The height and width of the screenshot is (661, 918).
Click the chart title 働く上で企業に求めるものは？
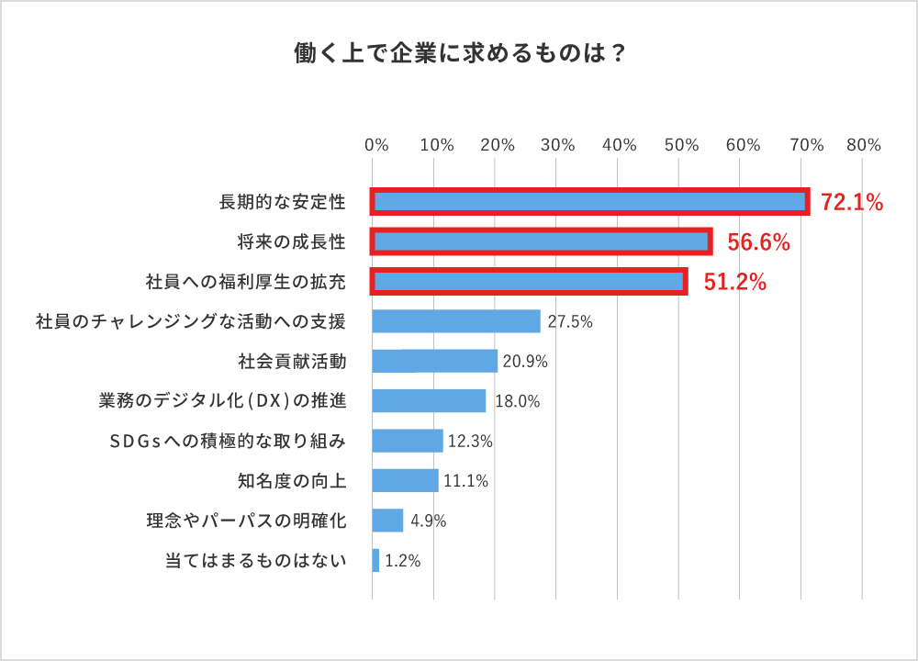[x=459, y=52]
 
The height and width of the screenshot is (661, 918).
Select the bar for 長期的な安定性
[x=589, y=202]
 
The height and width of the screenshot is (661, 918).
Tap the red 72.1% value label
[x=851, y=203]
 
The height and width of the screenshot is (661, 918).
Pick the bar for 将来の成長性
[x=542, y=241]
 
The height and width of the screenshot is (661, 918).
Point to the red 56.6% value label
[x=758, y=242]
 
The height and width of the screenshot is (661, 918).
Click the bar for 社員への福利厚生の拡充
[x=530, y=281]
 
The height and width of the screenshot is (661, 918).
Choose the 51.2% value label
[x=734, y=282]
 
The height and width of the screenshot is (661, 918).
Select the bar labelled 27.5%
[x=456, y=321]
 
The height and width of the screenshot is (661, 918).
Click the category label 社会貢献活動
[x=291, y=361]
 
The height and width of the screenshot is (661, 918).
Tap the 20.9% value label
[x=525, y=362]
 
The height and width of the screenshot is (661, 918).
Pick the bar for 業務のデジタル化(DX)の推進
[x=429, y=401]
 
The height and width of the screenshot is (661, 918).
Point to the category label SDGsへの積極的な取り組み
[x=228, y=441]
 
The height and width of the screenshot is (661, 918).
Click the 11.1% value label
[x=465, y=481]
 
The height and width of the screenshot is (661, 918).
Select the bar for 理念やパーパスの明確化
[x=387, y=521]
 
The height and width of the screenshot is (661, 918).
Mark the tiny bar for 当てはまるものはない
[x=375, y=560]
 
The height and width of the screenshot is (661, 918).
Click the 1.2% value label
[x=402, y=561]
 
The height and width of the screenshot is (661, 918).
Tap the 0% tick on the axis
[x=376, y=145]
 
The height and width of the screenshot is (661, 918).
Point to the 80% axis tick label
[x=864, y=145]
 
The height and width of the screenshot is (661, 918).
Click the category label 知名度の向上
[x=291, y=480]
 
